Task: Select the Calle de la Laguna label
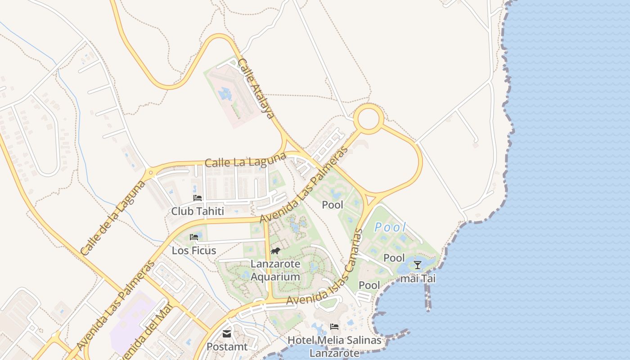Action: [113, 218]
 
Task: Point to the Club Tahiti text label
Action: [198, 211]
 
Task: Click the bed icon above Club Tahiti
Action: [197, 198]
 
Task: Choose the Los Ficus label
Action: [194, 250]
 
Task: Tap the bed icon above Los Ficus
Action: [194, 237]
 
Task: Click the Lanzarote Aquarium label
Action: [275, 270]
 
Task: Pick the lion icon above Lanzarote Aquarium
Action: [275, 251]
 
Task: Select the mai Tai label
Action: [418, 279]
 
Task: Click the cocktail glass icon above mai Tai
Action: [418, 265]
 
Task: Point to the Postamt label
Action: [227, 347]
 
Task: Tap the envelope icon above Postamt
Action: [227, 334]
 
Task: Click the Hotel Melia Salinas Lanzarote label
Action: [334, 346]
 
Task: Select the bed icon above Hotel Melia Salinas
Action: [334, 326]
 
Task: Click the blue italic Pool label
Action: [391, 227]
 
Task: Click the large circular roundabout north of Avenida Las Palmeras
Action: [369, 119]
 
